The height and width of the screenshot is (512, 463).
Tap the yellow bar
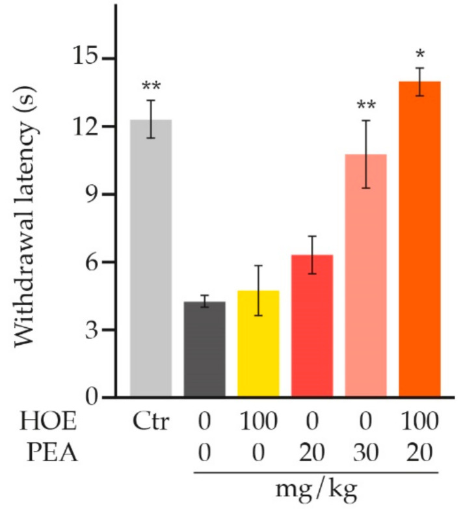pos(258,344)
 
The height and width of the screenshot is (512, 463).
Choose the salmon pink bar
pos(365,276)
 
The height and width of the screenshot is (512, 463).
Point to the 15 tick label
pos(85,59)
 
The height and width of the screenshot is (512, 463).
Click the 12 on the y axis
pos(85,126)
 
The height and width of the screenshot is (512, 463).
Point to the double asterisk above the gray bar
pos(151,87)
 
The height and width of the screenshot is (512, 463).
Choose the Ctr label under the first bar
pos(151,423)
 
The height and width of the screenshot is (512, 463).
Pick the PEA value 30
pos(365,452)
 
